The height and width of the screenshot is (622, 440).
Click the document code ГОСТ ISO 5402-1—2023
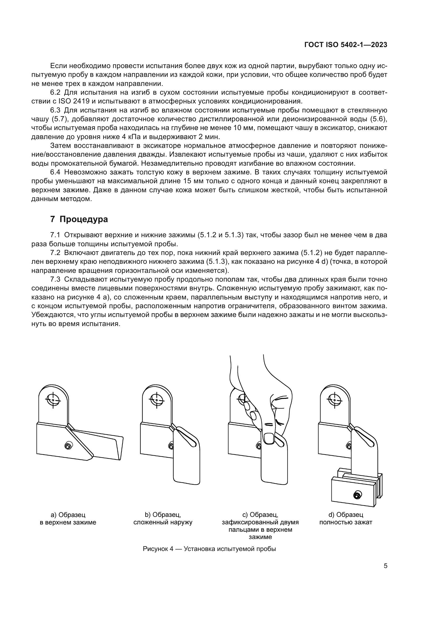346,45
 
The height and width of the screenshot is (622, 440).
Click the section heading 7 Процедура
79,219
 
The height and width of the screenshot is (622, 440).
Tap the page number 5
385,566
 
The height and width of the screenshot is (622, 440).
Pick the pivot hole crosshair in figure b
157,400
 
